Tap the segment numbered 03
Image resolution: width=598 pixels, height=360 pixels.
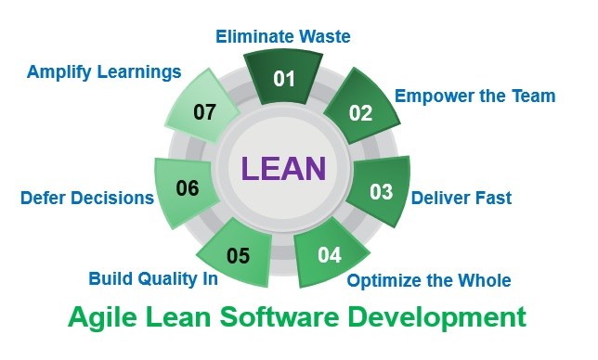click(x=381, y=192)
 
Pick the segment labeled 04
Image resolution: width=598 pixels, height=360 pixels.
click(x=330, y=253)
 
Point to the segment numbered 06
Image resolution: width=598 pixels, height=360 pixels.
click(x=188, y=189)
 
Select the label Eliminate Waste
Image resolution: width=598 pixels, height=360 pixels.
click(x=284, y=37)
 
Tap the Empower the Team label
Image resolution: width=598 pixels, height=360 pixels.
click(x=474, y=95)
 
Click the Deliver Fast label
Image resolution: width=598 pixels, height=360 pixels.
click(x=461, y=197)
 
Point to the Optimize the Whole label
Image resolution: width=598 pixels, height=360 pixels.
click(x=429, y=280)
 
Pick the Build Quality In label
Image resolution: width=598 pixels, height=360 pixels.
click(x=153, y=278)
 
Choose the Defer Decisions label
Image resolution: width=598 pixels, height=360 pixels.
click(x=87, y=198)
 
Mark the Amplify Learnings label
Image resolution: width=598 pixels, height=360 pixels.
click(x=104, y=71)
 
